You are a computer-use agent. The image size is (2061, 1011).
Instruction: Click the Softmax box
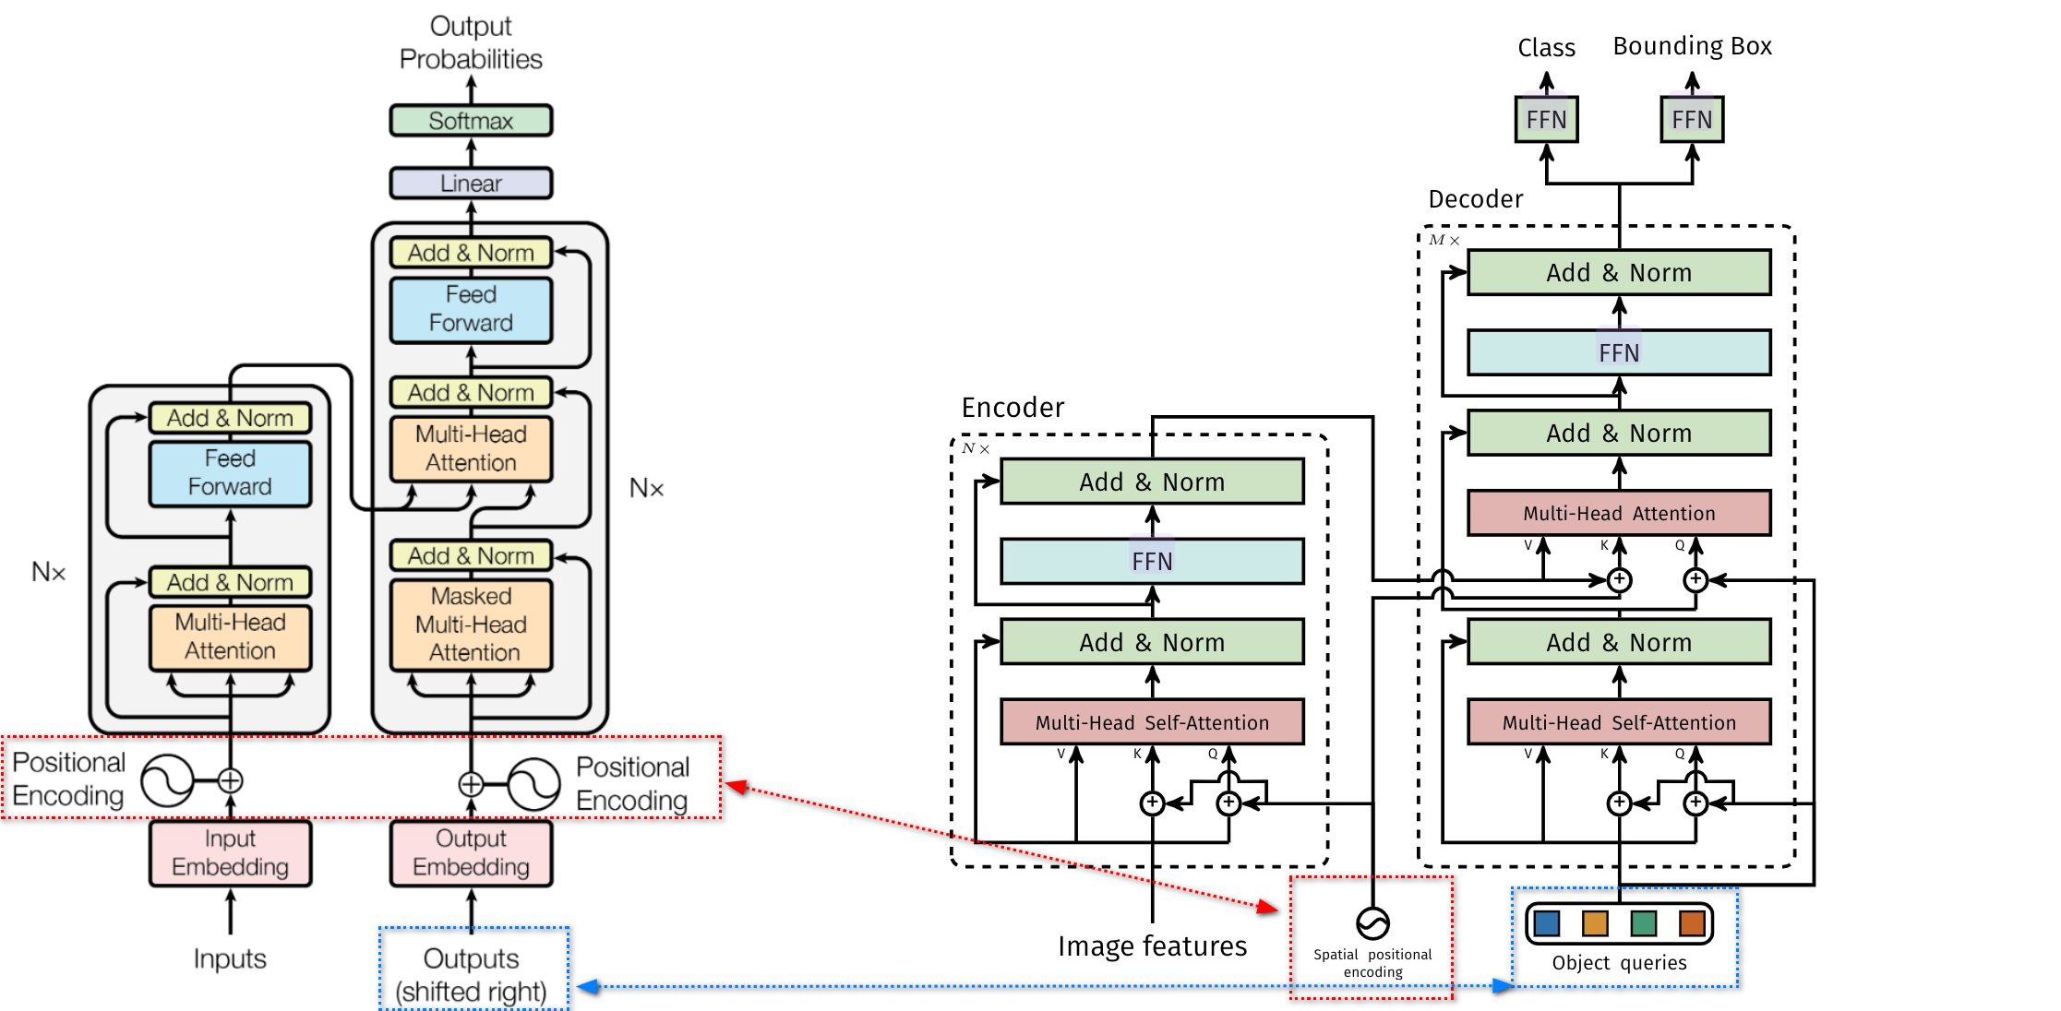coord(471,121)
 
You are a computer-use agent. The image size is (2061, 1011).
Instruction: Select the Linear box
coord(471,184)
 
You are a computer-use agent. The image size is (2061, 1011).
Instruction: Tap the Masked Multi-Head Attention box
coord(471,624)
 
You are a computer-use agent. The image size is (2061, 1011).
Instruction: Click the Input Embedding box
coord(230,853)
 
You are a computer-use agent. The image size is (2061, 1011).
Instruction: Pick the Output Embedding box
coord(471,853)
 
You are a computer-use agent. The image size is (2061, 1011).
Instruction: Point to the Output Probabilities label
coord(471,42)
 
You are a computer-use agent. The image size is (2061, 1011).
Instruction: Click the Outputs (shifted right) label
coord(471,974)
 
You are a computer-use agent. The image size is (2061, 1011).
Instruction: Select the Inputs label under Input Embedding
coord(230,959)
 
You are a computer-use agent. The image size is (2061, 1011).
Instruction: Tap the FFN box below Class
coord(1546,120)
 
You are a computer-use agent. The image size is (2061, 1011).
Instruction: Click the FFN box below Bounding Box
coord(1692,120)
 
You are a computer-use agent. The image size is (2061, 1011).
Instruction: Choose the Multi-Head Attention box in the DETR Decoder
coord(1619,514)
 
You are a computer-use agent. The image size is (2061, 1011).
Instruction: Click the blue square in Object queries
coord(1547,922)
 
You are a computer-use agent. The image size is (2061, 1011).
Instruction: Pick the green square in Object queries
coord(1644,922)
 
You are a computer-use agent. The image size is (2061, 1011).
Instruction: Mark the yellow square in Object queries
coord(1595,922)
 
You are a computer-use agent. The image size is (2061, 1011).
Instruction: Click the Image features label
coord(1152,946)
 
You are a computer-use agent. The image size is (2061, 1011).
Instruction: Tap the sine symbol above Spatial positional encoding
coord(1372,922)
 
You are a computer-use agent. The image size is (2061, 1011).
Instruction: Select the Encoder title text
coord(1013,408)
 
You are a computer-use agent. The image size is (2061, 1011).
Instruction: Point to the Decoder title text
coord(1475,199)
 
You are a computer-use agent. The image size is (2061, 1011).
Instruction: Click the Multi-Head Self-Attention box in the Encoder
coord(1152,722)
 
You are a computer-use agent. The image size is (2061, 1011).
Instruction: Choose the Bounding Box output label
coord(1692,46)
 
